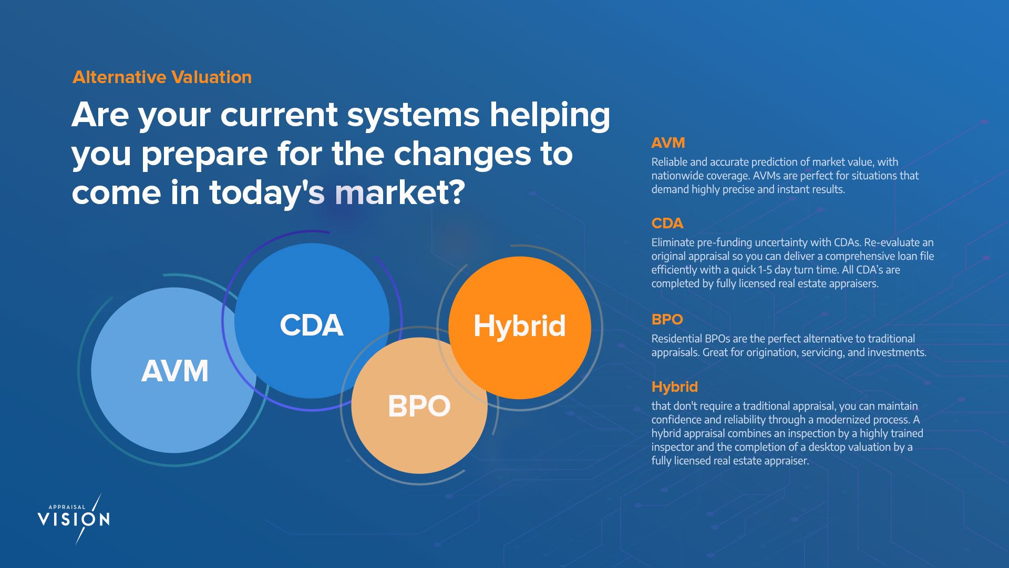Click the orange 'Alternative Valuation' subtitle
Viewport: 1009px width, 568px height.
(162, 77)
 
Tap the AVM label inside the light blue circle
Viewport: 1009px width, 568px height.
(174, 371)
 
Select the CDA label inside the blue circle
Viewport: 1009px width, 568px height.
(312, 325)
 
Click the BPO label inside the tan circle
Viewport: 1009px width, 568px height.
(419, 406)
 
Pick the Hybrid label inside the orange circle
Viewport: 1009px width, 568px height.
(520, 326)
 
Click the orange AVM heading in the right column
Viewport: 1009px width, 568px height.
(668, 143)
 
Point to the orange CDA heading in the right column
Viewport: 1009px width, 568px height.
(667, 224)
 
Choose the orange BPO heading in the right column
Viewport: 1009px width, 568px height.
(667, 320)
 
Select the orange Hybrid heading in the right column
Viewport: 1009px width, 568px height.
(675, 387)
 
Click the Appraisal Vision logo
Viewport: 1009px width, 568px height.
(74, 519)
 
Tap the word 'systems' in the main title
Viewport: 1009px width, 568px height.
(414, 115)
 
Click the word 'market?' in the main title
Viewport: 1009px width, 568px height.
(400, 192)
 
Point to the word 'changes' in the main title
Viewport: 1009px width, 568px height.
(462, 155)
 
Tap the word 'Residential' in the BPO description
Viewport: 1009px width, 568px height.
(676, 339)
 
